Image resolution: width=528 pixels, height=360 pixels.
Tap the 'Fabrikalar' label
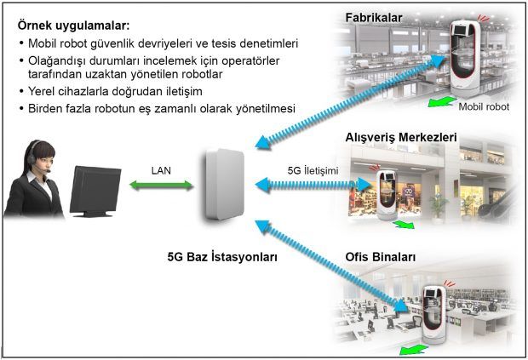[x=374, y=17]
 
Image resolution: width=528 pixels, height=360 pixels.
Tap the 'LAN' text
[x=161, y=170]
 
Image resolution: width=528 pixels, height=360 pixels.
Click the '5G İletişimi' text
[x=313, y=171]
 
